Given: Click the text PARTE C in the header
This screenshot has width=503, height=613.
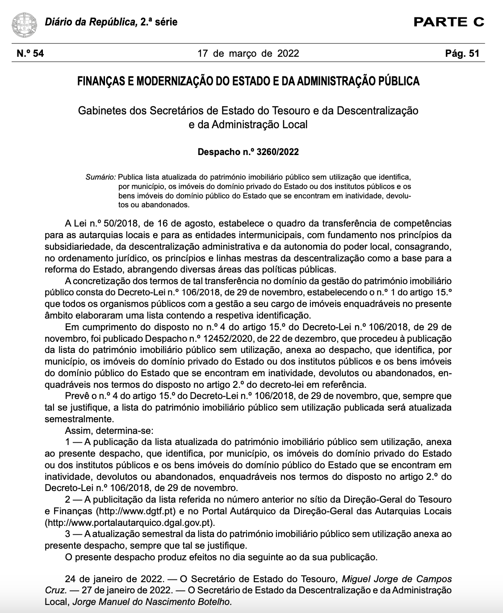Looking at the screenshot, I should tap(449, 22).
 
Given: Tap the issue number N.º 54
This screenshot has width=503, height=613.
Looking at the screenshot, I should tap(30, 54).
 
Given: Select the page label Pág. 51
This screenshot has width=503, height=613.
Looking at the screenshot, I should tap(462, 54).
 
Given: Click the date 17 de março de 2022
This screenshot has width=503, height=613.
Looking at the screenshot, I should tap(248, 54).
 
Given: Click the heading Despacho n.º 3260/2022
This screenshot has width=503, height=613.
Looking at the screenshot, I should tap(248, 152).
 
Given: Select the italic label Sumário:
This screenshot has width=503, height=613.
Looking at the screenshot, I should tap(101, 177).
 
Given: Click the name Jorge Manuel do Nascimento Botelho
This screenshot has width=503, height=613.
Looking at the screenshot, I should tap(152, 602).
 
